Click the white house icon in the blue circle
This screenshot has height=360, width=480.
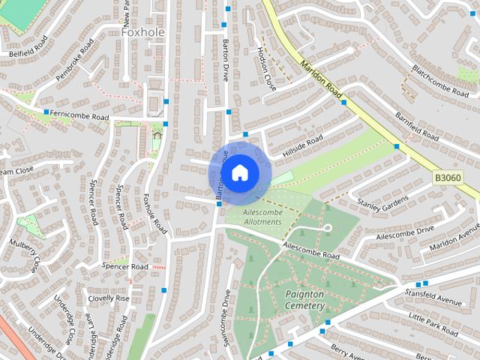tap(239, 172)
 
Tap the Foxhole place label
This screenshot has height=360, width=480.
tap(142, 31)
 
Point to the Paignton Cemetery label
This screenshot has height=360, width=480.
tap(304, 300)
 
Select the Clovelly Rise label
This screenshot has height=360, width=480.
tap(108, 298)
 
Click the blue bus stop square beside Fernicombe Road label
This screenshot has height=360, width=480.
tap(46, 112)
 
